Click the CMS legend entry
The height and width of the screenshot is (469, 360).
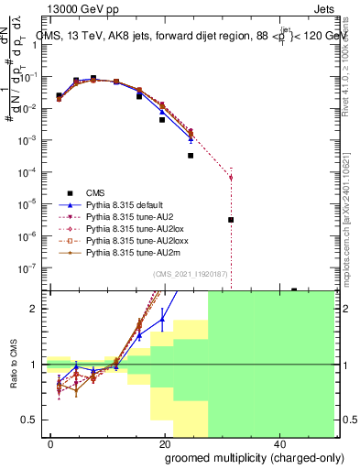[96, 192]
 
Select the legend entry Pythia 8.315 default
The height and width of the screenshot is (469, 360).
[124, 204]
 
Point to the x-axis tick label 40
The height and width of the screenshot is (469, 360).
[279, 443]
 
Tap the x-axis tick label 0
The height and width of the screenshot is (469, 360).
[51, 443]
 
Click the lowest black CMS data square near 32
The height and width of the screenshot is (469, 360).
[231, 220]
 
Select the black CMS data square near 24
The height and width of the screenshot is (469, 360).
[191, 156]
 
